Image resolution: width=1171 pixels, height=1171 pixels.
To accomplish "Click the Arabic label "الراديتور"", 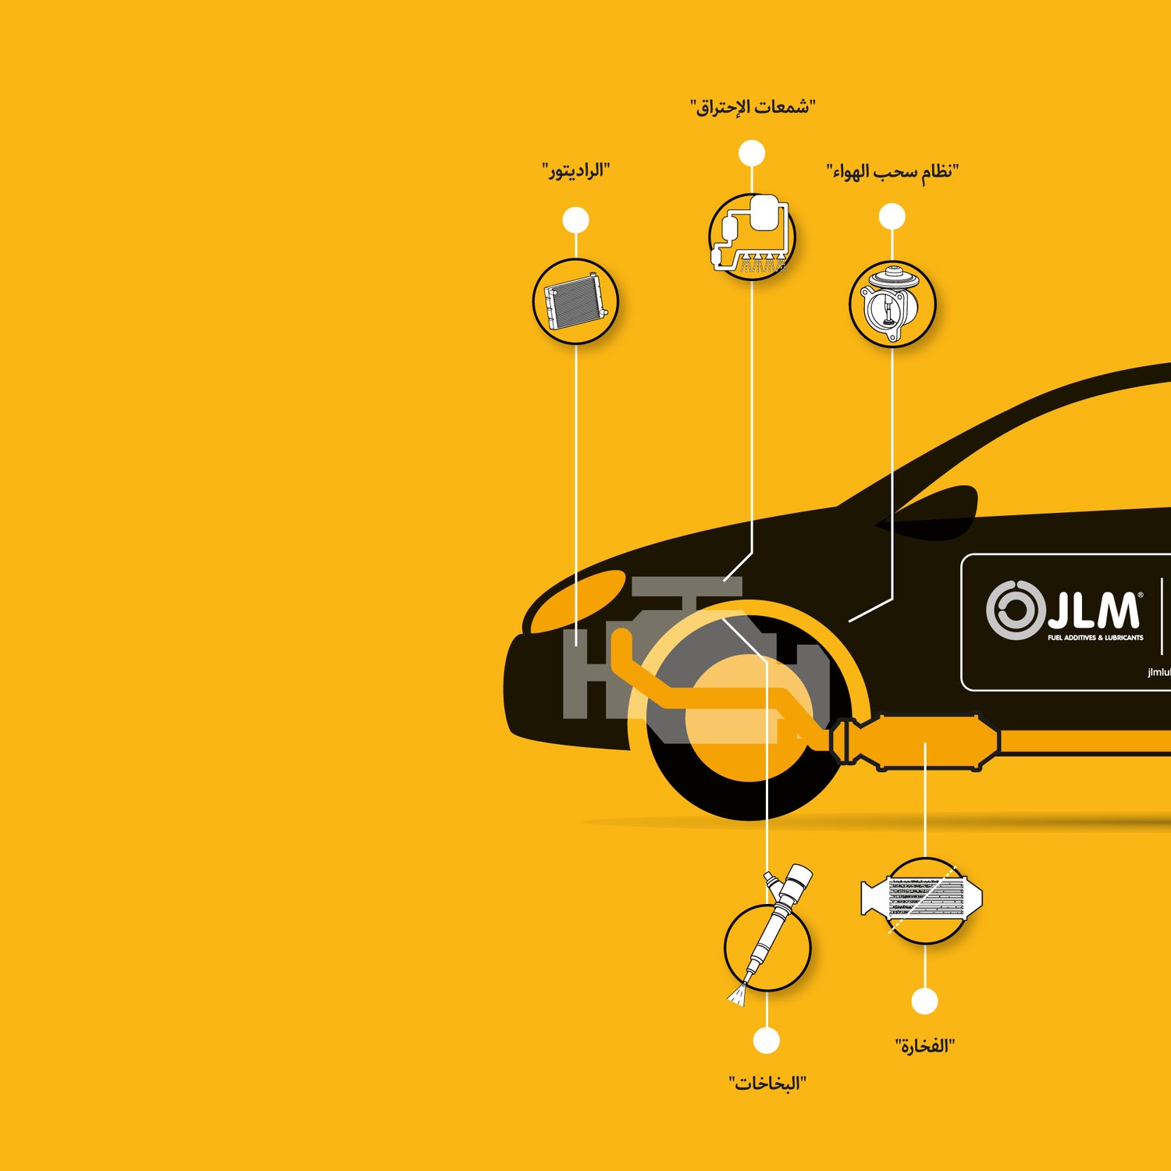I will tap(576, 171).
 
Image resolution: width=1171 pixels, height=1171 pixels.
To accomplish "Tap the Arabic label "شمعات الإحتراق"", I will tap(753, 107).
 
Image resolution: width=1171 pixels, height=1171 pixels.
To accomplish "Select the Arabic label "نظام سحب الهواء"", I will tap(892, 172).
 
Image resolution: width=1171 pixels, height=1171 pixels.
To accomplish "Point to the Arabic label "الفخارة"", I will tap(925, 1046).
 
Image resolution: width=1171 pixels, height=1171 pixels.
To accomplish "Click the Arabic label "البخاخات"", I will tap(767, 1084).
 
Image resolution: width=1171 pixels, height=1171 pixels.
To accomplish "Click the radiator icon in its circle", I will tap(575, 301).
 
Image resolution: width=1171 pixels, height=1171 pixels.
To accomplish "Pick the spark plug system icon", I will tap(752, 236).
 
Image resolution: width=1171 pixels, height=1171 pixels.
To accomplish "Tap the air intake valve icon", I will tap(892, 304).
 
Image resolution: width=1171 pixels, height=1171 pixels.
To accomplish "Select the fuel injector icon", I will tap(770, 937).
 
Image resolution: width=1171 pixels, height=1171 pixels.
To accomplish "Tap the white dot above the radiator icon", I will tap(575, 220).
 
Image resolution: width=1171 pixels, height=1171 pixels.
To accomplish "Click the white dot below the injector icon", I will tap(767, 1041).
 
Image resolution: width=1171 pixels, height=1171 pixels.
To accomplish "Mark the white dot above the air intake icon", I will tap(892, 216).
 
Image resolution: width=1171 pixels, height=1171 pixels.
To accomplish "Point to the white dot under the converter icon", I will tap(924, 1001).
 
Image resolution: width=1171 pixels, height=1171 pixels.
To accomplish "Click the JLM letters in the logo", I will tap(1093, 610).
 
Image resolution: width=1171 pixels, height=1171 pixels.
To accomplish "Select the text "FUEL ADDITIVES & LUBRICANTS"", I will tap(1095, 638).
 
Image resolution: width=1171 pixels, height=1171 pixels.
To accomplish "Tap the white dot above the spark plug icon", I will tap(752, 153).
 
